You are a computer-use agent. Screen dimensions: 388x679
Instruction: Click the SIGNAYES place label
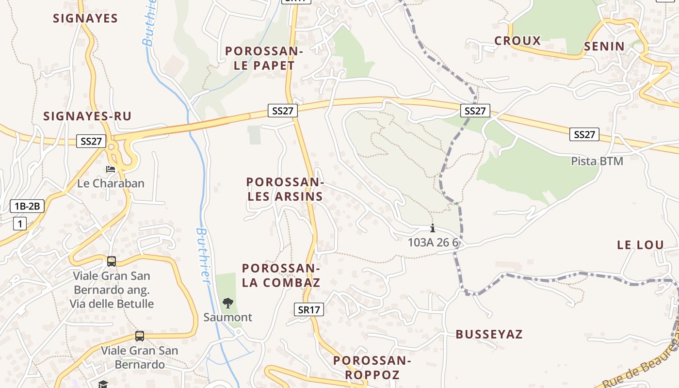(x=85, y=18)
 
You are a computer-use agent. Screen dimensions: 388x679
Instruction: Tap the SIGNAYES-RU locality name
(x=87, y=116)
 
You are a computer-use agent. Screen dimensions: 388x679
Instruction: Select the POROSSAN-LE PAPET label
(x=264, y=58)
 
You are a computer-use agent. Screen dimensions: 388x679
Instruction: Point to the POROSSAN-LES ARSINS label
(x=285, y=189)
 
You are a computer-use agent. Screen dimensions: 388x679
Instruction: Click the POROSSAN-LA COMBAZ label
(x=281, y=275)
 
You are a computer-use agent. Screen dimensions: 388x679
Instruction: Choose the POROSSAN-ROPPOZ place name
(x=372, y=367)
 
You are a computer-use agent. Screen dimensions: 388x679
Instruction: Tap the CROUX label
(x=517, y=41)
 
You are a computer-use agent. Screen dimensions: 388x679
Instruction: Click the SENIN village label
(x=604, y=47)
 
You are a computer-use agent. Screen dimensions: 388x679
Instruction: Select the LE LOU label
(x=640, y=245)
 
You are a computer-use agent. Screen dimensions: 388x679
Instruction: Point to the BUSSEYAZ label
(x=489, y=334)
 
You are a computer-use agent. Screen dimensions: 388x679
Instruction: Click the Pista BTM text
(x=597, y=161)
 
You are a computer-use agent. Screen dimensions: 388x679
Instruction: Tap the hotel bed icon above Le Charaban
(x=111, y=169)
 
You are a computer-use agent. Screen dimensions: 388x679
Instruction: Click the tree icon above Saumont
(x=227, y=304)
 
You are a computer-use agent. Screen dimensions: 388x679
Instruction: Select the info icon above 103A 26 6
(x=433, y=228)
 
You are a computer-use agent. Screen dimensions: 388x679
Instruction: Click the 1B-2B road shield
(x=27, y=206)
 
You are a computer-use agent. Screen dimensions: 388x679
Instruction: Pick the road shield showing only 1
(x=19, y=224)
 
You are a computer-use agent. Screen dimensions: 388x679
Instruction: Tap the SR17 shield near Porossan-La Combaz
(x=308, y=309)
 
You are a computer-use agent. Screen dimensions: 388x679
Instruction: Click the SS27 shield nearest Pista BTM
(x=584, y=134)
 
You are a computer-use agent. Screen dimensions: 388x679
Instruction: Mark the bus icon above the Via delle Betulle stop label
(x=112, y=261)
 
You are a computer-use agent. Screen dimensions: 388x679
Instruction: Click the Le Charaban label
(x=111, y=183)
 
